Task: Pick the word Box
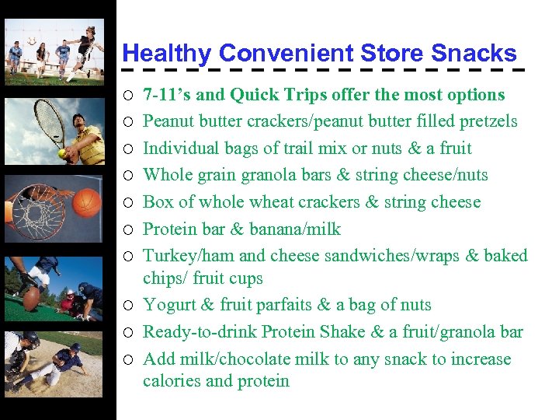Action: (x=158, y=202)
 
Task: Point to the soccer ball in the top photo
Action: (x=31, y=41)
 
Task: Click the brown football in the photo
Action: (x=32, y=299)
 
